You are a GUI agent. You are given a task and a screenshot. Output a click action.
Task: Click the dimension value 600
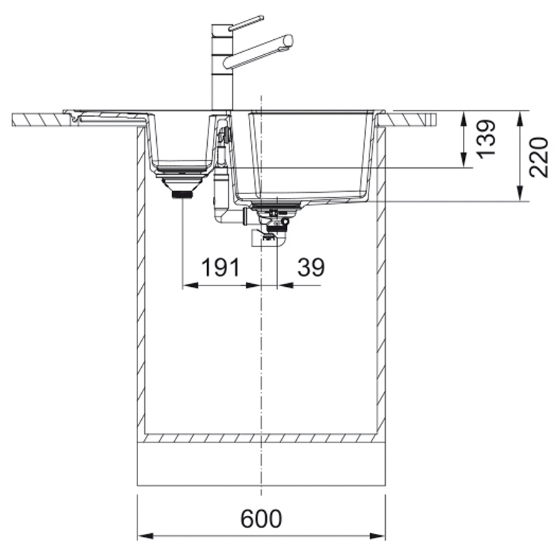pyautogui.click(x=261, y=518)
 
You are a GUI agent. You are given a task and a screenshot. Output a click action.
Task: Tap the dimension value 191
pyautogui.click(x=220, y=267)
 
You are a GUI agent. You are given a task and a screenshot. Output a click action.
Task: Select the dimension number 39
pyautogui.click(x=311, y=267)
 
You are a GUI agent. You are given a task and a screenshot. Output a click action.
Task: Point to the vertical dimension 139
pyautogui.click(x=487, y=138)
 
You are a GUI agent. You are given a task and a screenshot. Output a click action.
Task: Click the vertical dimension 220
pyautogui.click(x=539, y=157)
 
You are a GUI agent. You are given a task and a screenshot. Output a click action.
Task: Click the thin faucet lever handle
pyautogui.click(x=246, y=22)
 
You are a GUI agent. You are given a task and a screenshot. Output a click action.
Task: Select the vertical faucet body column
pyautogui.click(x=222, y=67)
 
